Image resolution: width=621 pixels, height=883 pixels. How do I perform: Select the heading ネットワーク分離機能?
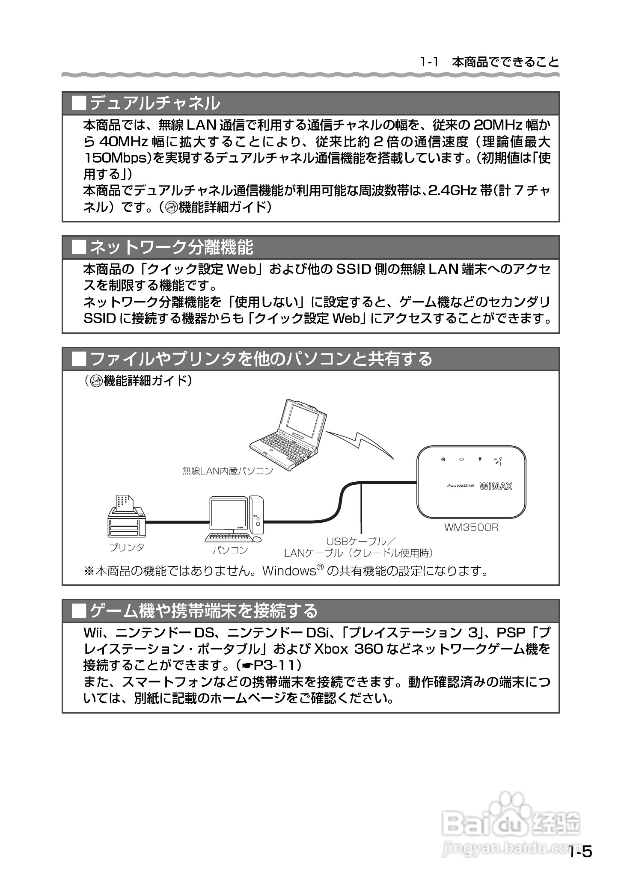click(x=171, y=247)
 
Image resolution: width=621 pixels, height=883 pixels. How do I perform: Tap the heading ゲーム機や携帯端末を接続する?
click(x=203, y=610)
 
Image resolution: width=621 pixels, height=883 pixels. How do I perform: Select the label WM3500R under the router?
click(x=471, y=527)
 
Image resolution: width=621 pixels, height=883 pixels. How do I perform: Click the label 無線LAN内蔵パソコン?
click(x=227, y=471)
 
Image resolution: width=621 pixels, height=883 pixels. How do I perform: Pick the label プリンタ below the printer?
click(x=127, y=547)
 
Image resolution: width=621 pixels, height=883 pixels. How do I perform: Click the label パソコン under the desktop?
click(x=230, y=550)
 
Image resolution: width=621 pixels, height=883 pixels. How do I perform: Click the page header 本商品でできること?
click(x=505, y=62)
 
